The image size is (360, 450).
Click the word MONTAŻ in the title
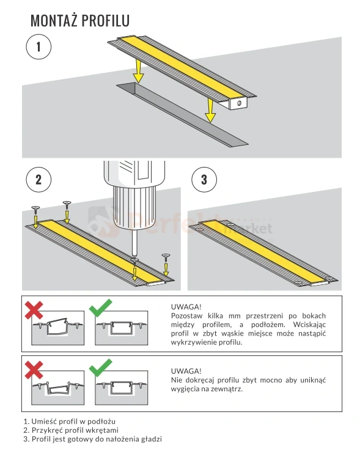click(x=54, y=21)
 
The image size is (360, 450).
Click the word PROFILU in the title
click(x=106, y=21)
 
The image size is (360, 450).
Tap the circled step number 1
click(x=39, y=47)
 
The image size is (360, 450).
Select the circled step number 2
click(x=39, y=180)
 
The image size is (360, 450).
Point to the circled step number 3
click(x=204, y=180)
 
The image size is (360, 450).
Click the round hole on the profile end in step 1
click(x=238, y=103)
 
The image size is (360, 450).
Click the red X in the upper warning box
click(x=34, y=310)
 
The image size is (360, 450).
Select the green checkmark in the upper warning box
click(x=100, y=308)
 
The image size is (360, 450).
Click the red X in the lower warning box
click(x=34, y=370)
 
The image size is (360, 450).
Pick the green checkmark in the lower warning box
click(x=100, y=367)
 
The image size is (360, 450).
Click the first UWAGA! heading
click(x=186, y=307)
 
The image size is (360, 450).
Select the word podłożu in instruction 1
click(x=101, y=421)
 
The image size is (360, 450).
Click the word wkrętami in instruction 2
click(x=104, y=430)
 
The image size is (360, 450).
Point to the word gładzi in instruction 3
click(x=151, y=439)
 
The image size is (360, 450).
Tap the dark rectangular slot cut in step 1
click(x=182, y=115)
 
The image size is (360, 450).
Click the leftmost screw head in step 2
click(x=35, y=207)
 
